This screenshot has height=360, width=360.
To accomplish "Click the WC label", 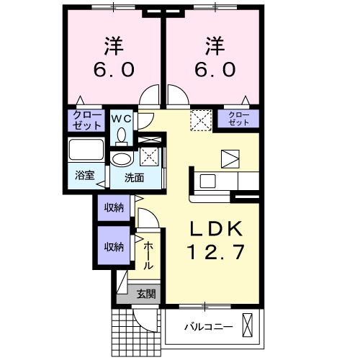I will [120, 117].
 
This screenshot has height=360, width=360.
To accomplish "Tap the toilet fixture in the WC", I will [121, 135].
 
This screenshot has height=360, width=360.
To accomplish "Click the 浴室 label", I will [85, 175].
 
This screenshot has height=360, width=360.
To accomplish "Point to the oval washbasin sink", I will [122, 160].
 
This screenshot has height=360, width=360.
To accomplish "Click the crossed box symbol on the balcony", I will [248, 327].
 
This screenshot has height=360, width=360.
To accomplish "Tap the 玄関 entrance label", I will [146, 294].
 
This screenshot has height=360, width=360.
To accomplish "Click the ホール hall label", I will [147, 255].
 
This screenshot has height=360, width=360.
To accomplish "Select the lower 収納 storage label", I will [114, 246].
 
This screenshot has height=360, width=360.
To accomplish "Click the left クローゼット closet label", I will [86, 119].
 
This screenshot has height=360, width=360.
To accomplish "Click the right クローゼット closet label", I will [238, 118].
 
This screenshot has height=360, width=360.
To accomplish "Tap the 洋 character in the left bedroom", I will [112, 45].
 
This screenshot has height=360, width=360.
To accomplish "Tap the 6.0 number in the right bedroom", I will [213, 71].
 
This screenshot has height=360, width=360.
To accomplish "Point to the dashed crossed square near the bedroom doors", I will [199, 120].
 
